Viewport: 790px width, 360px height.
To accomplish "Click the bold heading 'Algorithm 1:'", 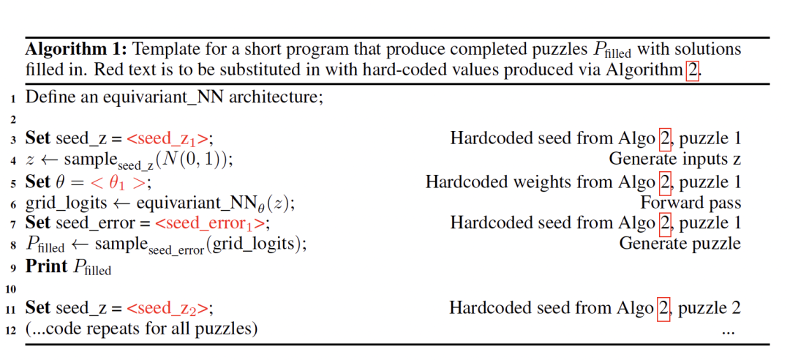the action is tap(77, 50).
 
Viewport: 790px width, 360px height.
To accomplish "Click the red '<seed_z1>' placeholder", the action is tap(170, 139).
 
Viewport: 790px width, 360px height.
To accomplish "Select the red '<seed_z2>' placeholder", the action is tap(170, 308).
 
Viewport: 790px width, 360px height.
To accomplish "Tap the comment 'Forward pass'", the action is tap(691, 203).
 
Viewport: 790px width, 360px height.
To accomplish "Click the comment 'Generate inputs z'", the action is tap(674, 159).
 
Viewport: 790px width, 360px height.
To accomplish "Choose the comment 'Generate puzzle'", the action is tap(680, 244).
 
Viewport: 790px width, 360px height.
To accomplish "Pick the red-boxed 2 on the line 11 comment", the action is tap(663, 308).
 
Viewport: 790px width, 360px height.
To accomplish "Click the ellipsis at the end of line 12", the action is tap(727, 331).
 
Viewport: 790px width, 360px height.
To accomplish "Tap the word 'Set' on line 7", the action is tap(38, 223).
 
